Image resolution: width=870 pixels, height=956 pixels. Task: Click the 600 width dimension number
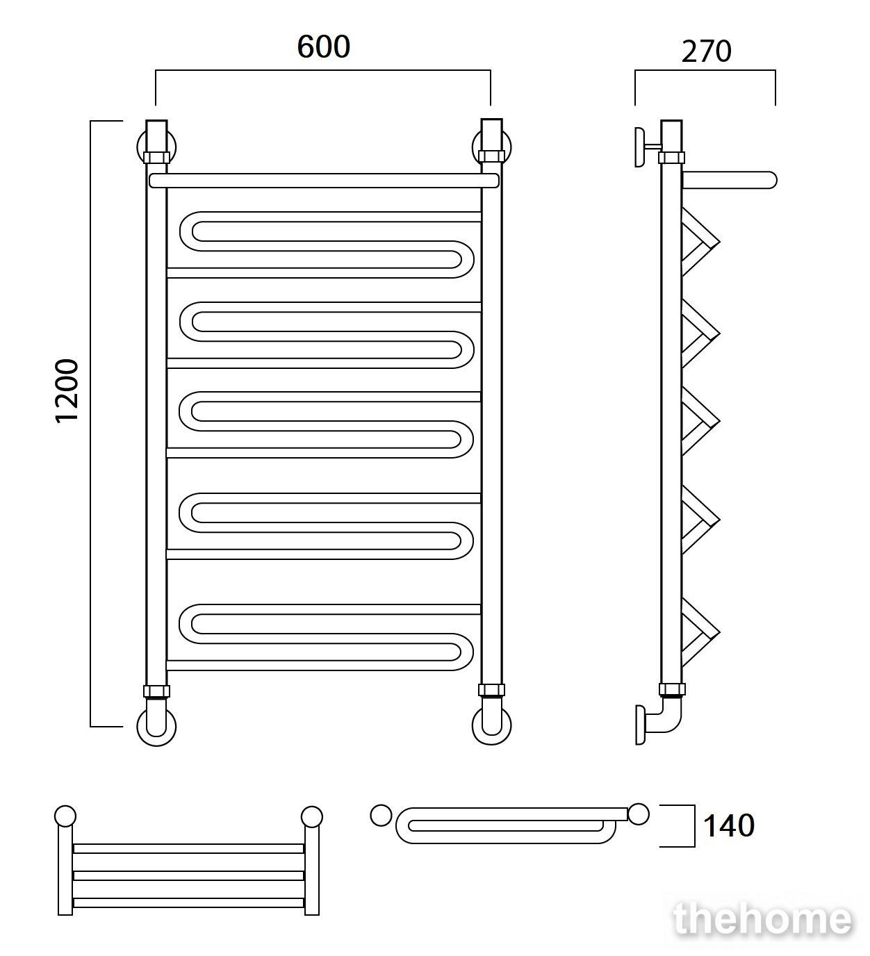click(323, 47)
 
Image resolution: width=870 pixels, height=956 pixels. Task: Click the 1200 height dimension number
click(66, 390)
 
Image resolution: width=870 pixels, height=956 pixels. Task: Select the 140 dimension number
click(729, 826)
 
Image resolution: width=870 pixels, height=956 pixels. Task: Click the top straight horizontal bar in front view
click(324, 181)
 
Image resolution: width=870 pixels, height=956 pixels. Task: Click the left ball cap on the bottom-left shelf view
click(65, 816)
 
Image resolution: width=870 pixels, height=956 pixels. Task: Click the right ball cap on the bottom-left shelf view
click(312, 816)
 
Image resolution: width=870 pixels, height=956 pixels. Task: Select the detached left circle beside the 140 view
click(380, 816)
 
